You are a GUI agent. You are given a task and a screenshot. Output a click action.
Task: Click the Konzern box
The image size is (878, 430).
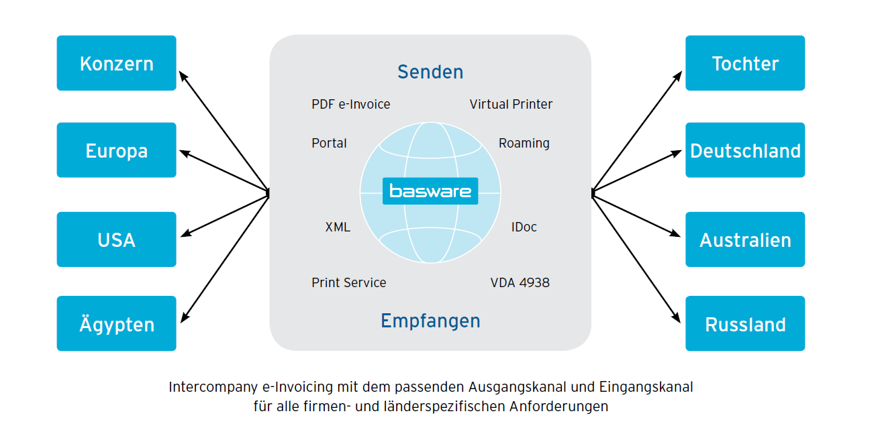116,63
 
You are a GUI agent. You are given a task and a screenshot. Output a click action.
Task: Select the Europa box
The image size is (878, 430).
116,150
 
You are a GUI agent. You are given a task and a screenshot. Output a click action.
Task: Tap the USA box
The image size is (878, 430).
116,239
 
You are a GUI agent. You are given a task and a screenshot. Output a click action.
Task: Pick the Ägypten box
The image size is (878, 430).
116,324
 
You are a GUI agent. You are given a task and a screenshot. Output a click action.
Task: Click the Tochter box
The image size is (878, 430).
745,63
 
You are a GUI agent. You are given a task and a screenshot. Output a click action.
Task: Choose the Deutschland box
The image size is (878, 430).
745,150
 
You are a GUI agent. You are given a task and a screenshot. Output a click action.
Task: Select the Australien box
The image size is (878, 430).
745,239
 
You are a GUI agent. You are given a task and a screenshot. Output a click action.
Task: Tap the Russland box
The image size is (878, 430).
745,324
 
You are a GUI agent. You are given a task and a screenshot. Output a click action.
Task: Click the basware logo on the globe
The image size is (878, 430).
430,191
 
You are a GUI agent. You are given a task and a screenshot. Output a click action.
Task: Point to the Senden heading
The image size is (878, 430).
430,72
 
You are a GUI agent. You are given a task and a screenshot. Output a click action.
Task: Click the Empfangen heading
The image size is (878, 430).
430,321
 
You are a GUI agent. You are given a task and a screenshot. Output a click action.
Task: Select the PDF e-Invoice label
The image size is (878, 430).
350,105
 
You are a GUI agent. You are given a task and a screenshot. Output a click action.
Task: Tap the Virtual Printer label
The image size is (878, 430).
511,105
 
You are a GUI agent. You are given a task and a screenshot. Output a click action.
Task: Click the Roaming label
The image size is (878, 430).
524,144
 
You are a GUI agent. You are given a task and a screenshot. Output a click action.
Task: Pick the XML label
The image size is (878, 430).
338,227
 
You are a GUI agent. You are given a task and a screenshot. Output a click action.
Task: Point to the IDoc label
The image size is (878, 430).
524,227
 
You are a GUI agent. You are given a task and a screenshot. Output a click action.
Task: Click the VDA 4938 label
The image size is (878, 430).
520,283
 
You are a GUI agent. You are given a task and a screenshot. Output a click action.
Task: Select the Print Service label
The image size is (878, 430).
348,283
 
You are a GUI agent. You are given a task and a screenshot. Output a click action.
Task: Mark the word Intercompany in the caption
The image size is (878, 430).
205,387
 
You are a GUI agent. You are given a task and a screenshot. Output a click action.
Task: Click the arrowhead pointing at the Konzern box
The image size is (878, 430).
183,74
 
